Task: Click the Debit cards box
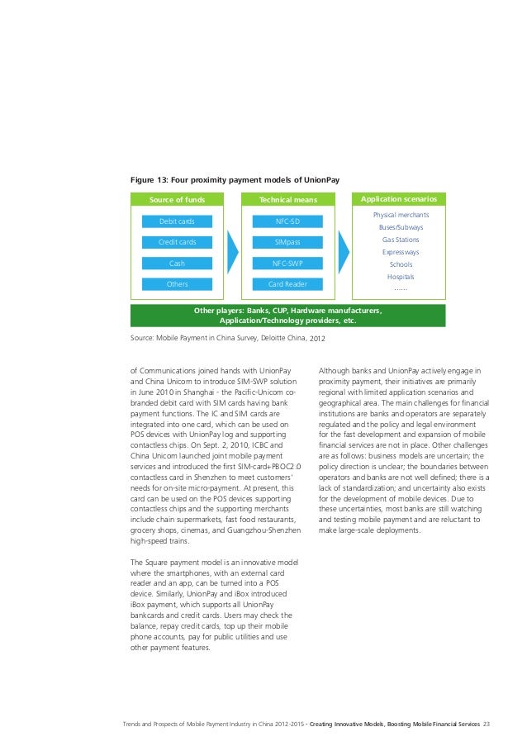click(177, 221)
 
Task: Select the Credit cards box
click(177, 242)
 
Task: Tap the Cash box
click(177, 264)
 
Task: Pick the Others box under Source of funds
click(177, 284)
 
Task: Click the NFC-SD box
click(287, 221)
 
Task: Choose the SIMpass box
click(287, 242)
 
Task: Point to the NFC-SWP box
click(287, 264)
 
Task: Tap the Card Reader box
click(287, 284)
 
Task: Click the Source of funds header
click(177, 199)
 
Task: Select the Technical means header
click(287, 199)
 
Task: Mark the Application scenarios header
click(399, 199)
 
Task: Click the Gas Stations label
click(400, 240)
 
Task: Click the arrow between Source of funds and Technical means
click(232, 252)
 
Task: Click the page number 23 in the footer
click(487, 724)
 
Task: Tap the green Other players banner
click(287, 316)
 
